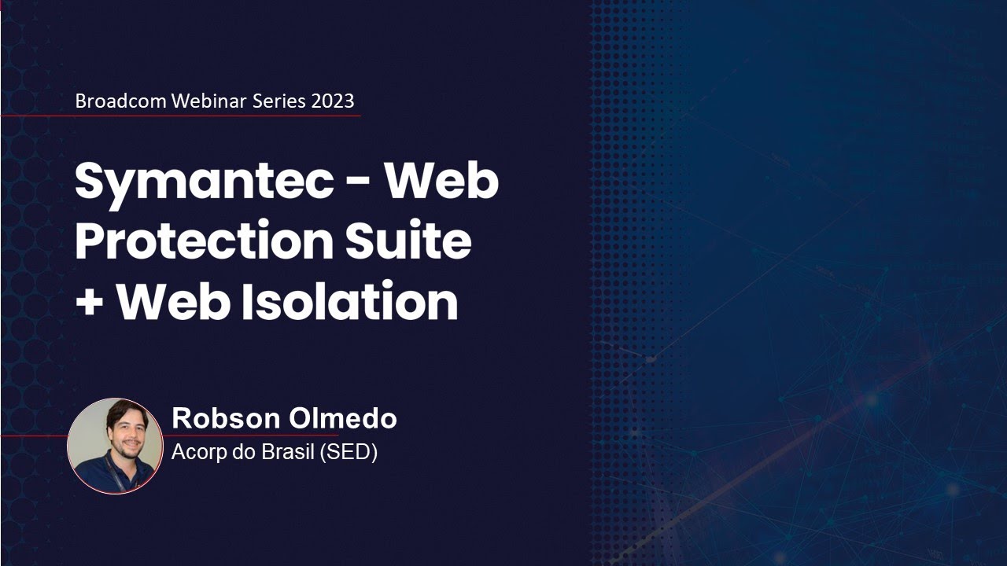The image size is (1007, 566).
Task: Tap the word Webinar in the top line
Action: tap(208, 101)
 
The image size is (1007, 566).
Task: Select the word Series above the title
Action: tap(280, 101)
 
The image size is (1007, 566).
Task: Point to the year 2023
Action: tap(333, 101)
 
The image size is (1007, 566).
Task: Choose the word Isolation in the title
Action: tap(349, 302)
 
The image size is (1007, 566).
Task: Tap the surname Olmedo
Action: tap(343, 418)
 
